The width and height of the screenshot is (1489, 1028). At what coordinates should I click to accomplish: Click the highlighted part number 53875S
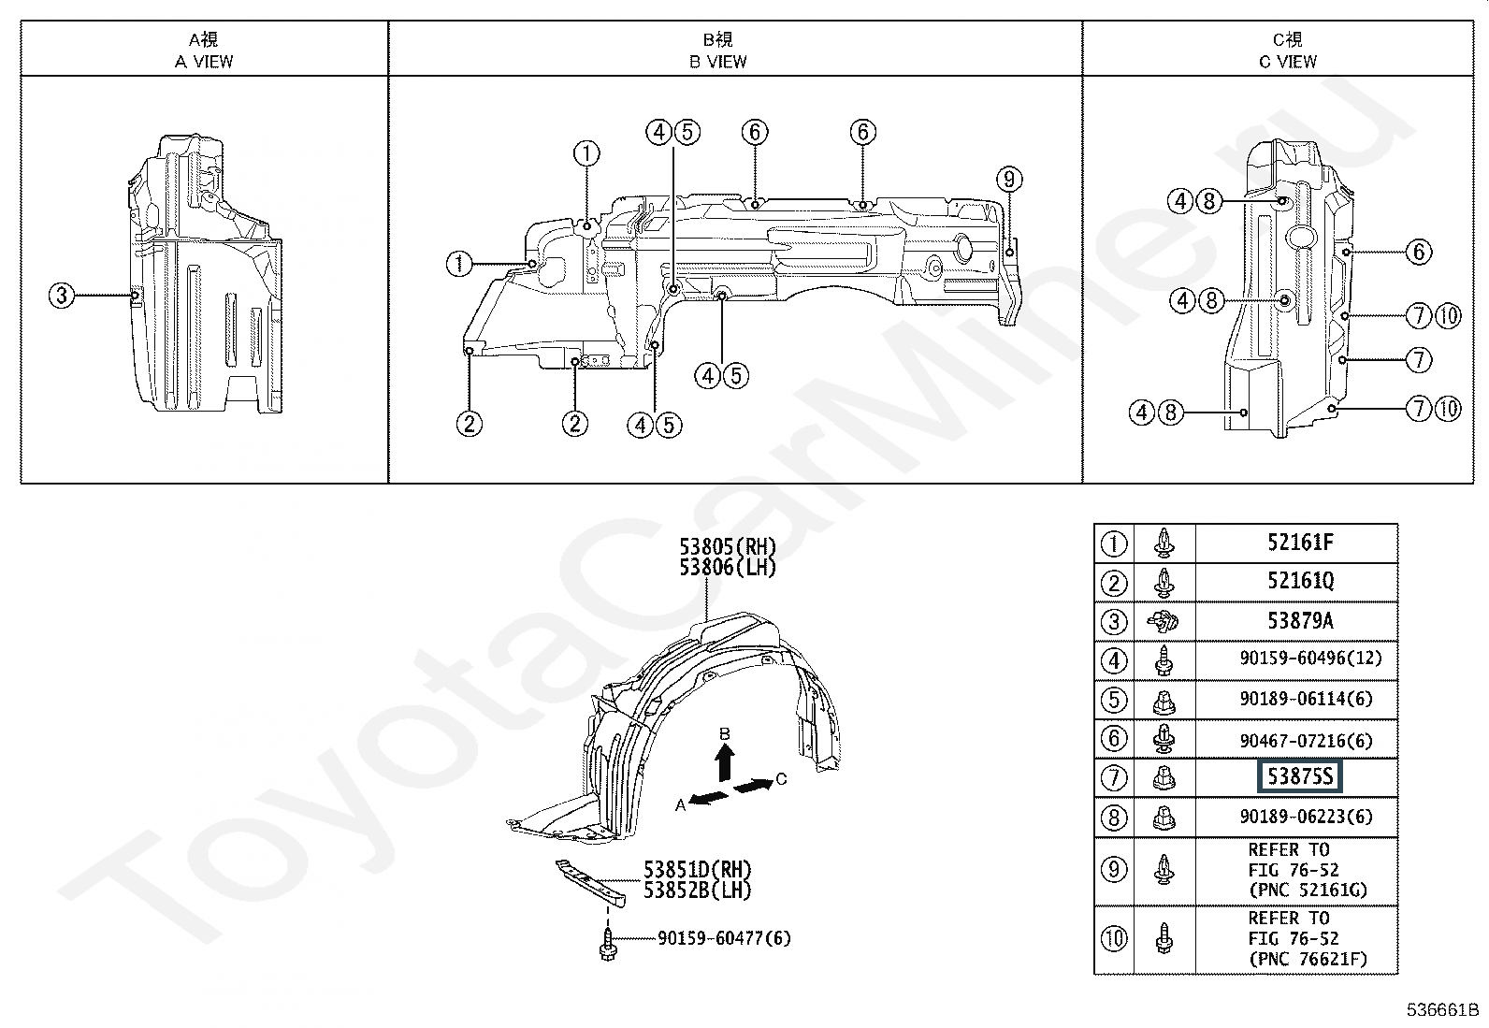[x=1299, y=776]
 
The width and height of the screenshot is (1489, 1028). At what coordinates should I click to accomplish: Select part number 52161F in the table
[x=1300, y=543]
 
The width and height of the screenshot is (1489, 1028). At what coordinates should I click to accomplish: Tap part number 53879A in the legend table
[x=1300, y=620]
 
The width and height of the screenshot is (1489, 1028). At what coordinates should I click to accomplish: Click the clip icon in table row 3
[x=1163, y=622]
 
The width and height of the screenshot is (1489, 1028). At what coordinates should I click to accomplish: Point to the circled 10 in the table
[x=1114, y=939]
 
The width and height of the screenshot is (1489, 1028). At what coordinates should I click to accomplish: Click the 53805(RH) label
[x=728, y=546]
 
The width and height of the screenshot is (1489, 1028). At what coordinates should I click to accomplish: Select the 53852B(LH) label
[x=698, y=890]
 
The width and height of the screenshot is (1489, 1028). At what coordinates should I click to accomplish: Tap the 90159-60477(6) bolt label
[x=725, y=938]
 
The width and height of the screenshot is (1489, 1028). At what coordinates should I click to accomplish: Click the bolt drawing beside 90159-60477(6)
[x=607, y=944]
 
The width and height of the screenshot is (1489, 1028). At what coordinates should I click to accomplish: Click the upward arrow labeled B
[x=725, y=762]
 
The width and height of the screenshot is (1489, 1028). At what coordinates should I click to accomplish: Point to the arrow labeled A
[x=709, y=797]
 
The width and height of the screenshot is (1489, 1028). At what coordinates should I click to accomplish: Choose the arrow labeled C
[x=753, y=786]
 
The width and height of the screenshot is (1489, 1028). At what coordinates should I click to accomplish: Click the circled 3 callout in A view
[x=62, y=296]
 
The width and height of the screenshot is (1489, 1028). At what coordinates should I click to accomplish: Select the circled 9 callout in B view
[x=1009, y=179]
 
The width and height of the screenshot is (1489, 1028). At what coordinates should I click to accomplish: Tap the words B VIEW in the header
[x=718, y=62]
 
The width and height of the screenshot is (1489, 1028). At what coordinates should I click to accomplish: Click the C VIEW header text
[x=1288, y=62]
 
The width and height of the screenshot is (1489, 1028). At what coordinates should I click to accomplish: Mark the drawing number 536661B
[x=1442, y=1010]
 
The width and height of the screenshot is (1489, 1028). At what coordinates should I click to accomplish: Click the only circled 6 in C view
[x=1419, y=252]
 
